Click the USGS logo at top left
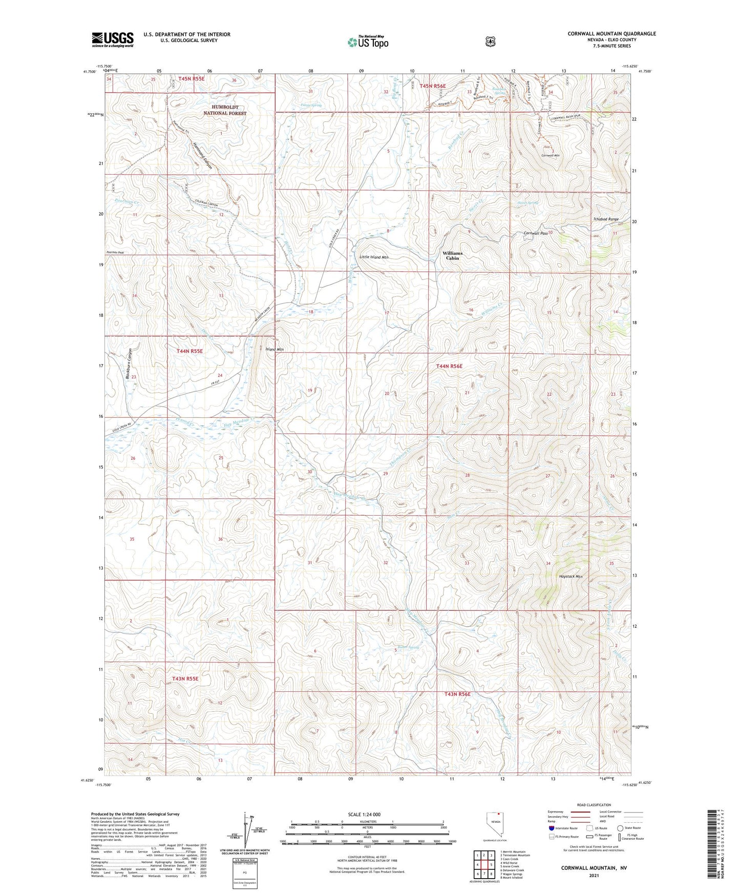click(113, 39)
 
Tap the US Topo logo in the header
click(368, 42)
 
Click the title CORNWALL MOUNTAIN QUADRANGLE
click(611, 34)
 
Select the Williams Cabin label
click(453, 256)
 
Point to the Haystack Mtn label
click(570, 577)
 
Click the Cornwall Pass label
click(536, 233)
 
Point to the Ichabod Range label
click(606, 219)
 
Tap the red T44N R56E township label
click(449, 366)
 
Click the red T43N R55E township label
click(185, 678)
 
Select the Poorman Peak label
click(115, 252)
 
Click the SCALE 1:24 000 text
click(364, 815)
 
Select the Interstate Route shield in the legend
click(551, 828)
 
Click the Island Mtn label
click(274, 349)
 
